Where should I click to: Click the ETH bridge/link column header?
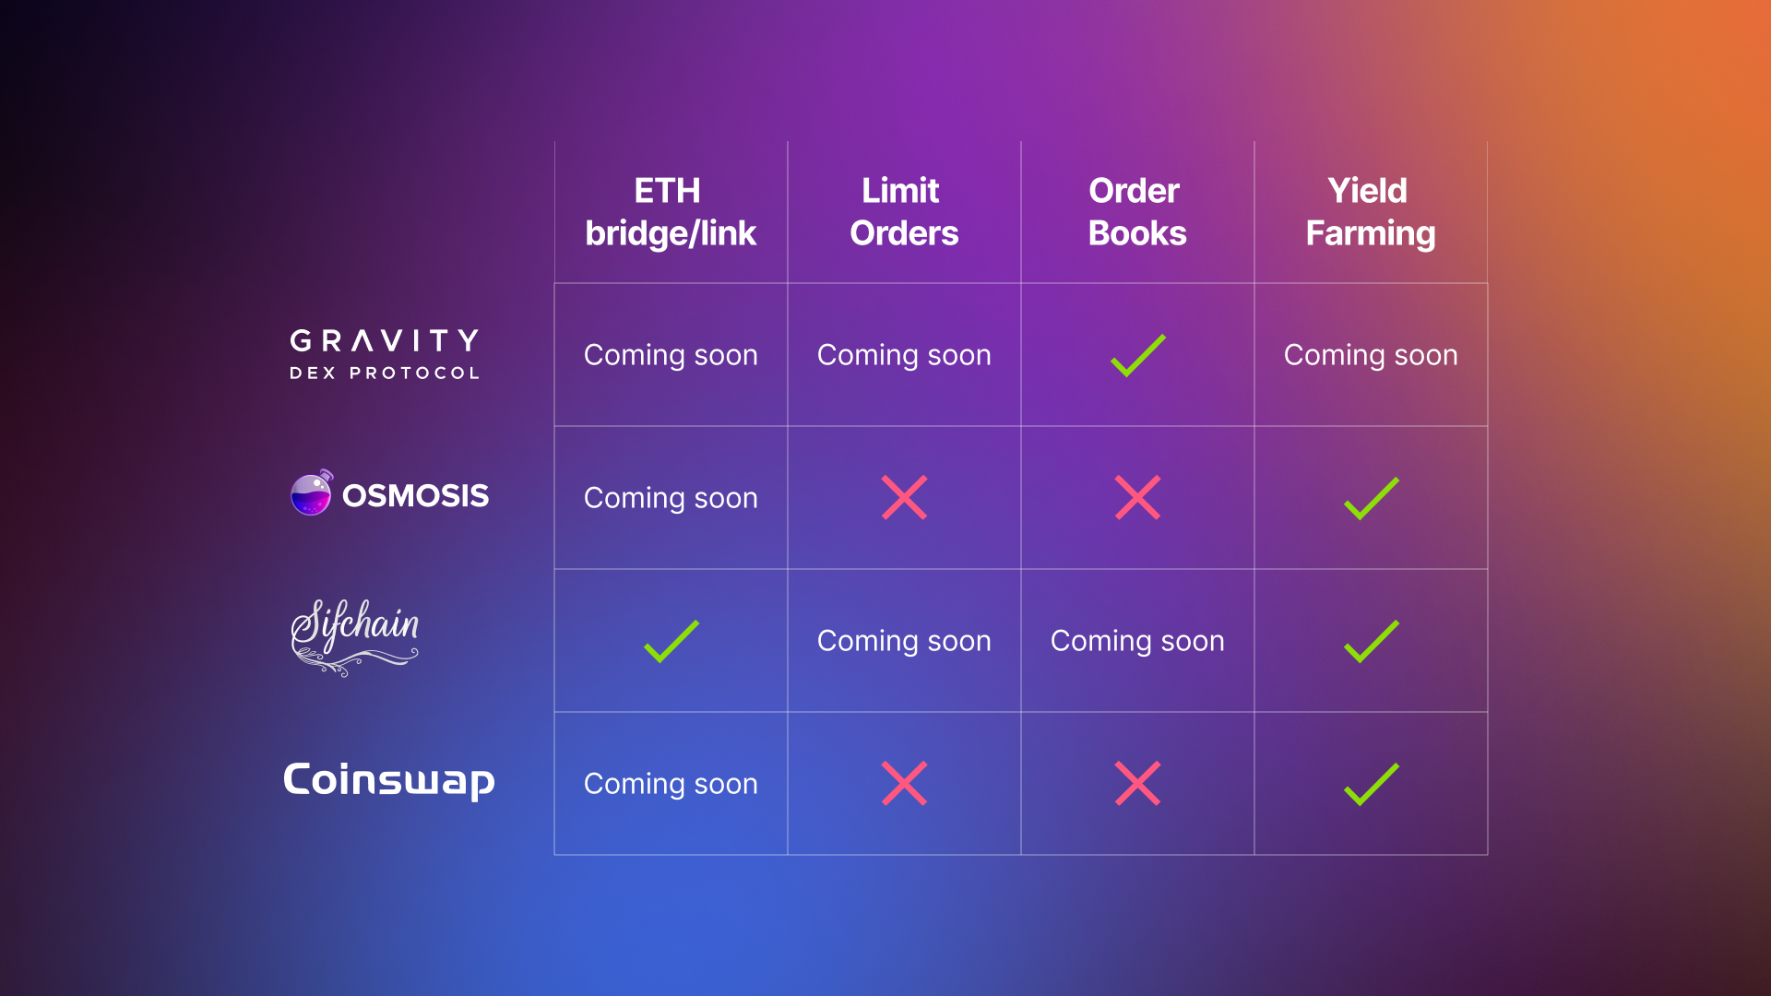[x=671, y=212]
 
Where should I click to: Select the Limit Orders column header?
[x=904, y=212]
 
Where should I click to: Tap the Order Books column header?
[x=1137, y=212]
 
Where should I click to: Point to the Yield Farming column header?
[x=1371, y=212]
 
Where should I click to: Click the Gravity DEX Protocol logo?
[x=385, y=354]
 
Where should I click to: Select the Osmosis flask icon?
[x=312, y=492]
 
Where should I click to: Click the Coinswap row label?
[x=389, y=780]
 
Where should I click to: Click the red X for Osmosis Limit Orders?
[x=904, y=498]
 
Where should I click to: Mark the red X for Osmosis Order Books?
[x=1137, y=498]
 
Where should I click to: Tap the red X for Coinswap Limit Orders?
[x=904, y=784]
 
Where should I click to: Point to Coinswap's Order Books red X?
[x=1137, y=784]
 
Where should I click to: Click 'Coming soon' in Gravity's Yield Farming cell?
[x=1371, y=355]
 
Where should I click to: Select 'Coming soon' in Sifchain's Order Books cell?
[x=1137, y=641]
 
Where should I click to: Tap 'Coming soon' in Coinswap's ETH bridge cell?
[x=671, y=784]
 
